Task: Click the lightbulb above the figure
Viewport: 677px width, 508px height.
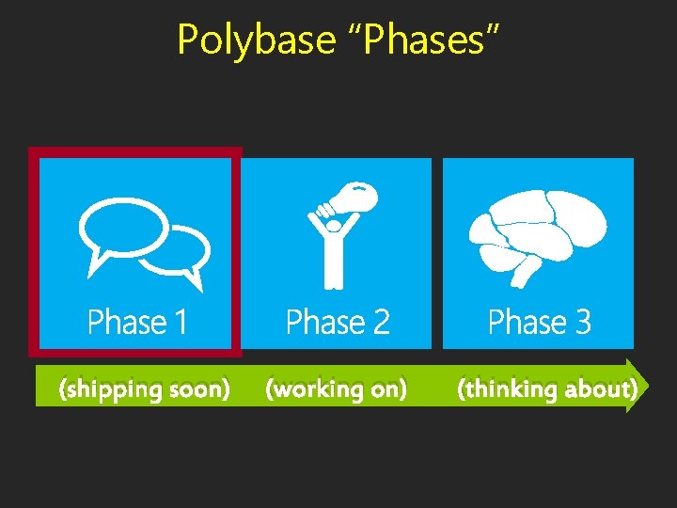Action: point(358,198)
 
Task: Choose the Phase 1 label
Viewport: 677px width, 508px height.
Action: point(137,323)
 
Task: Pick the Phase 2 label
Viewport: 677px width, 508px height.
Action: point(338,323)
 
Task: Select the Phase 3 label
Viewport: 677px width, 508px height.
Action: point(539,323)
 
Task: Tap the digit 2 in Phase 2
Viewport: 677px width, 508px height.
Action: point(380,323)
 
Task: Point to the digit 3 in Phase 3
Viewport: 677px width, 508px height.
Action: point(582,323)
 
